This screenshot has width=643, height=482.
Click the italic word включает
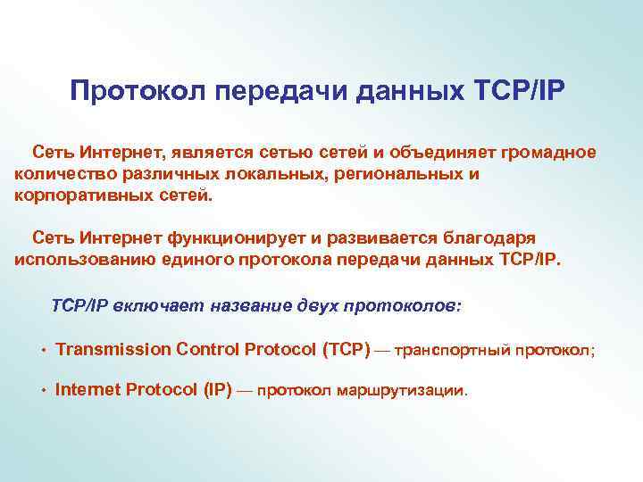[x=163, y=305]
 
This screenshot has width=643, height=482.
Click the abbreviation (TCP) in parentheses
[x=345, y=348]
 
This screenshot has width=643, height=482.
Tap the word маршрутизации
[x=408, y=390]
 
